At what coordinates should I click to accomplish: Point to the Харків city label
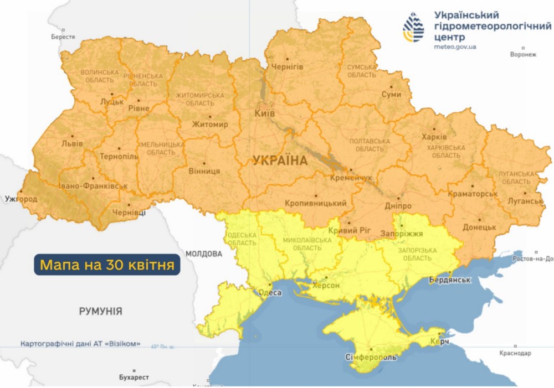pyautogui.click(x=434, y=136)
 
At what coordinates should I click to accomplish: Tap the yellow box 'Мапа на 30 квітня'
pyautogui.click(x=107, y=265)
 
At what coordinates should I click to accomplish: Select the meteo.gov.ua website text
pyautogui.click(x=455, y=47)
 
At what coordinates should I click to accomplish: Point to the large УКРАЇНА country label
pyautogui.click(x=280, y=161)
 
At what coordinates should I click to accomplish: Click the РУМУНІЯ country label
pyautogui.click(x=100, y=311)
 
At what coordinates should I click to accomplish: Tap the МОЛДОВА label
pyautogui.click(x=203, y=254)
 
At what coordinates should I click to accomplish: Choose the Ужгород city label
pyautogui.click(x=19, y=198)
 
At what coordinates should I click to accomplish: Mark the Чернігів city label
pyautogui.click(x=287, y=66)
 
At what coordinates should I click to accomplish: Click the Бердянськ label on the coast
pyautogui.click(x=450, y=280)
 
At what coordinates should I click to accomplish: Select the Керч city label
pyautogui.click(x=438, y=343)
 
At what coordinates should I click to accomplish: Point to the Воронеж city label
pyautogui.click(x=523, y=55)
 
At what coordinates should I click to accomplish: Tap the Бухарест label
pyautogui.click(x=134, y=377)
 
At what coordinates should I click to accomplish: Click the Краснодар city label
pyautogui.click(x=515, y=353)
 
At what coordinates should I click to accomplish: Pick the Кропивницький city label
pyautogui.click(x=315, y=204)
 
